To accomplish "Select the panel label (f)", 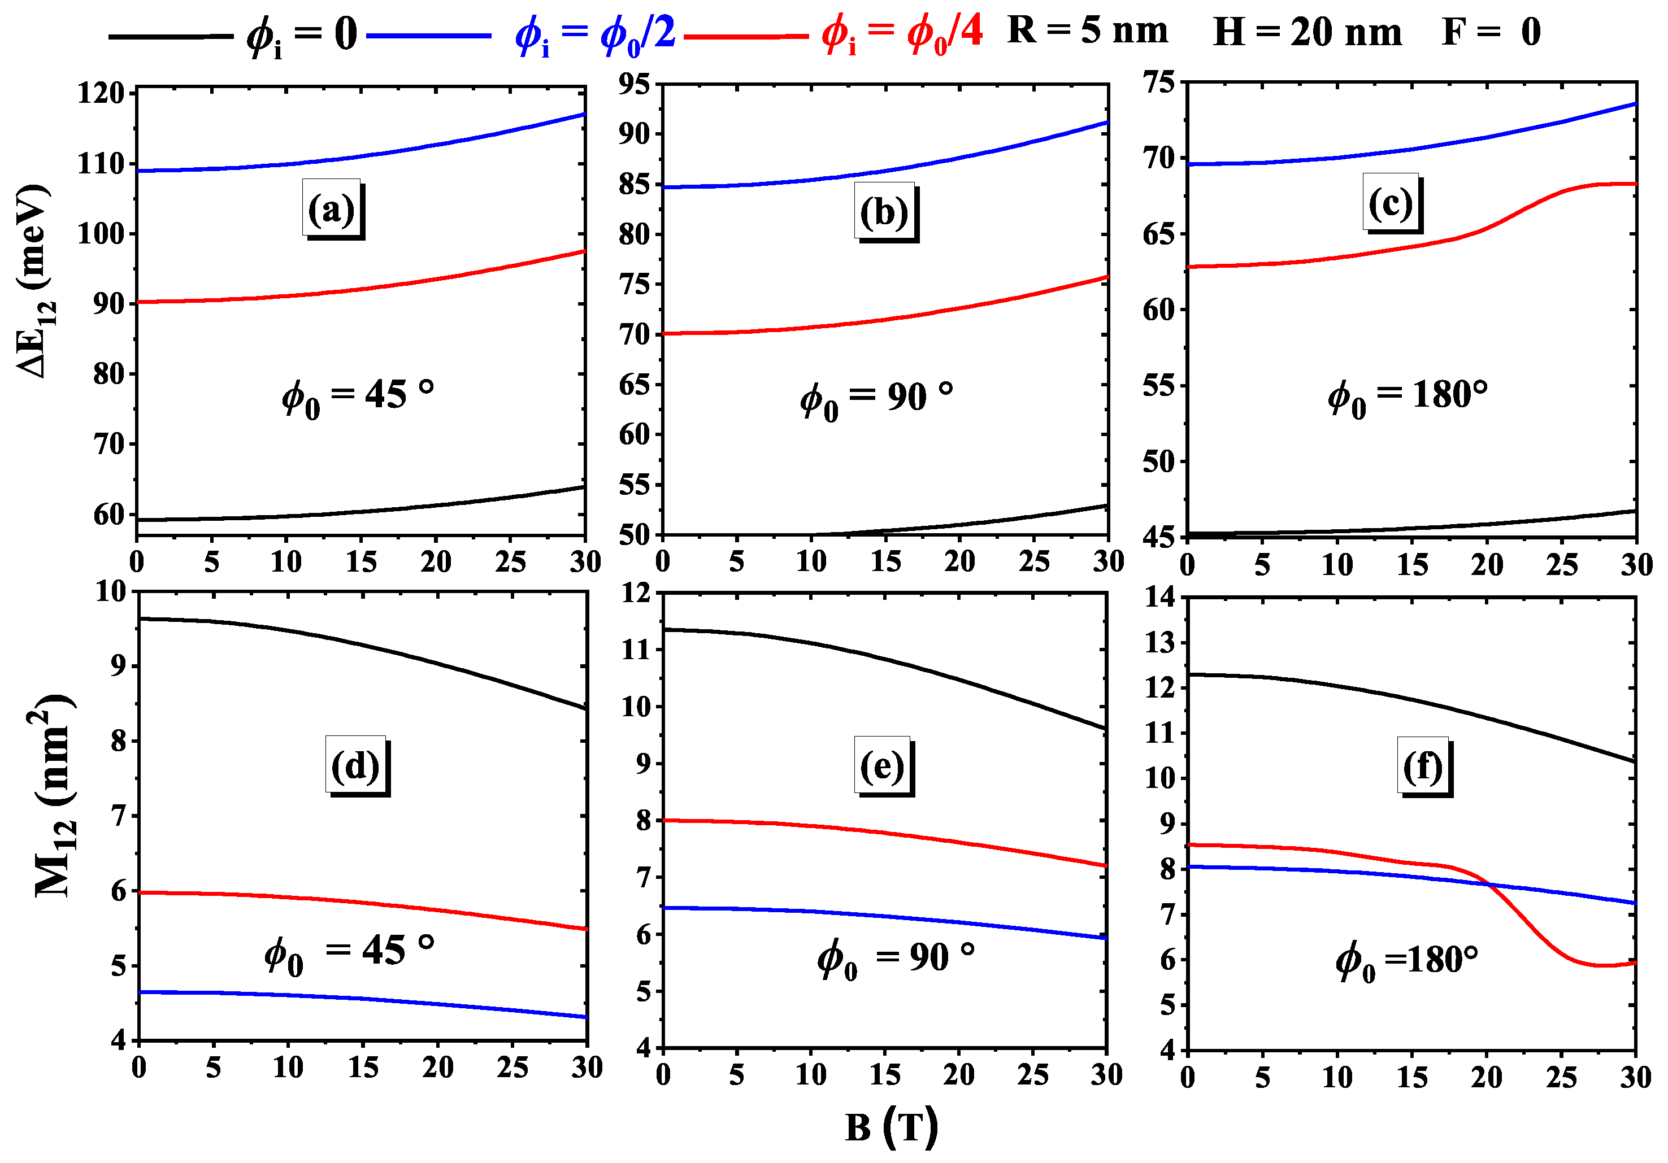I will point(1422,766).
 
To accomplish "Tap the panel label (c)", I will point(1391,203).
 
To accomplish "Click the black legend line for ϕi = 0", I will point(171,36).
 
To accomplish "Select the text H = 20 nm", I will point(1307,33).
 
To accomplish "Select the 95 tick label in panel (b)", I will point(633,84).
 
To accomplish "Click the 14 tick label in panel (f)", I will point(1159,597).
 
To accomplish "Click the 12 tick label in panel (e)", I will point(636,594).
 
